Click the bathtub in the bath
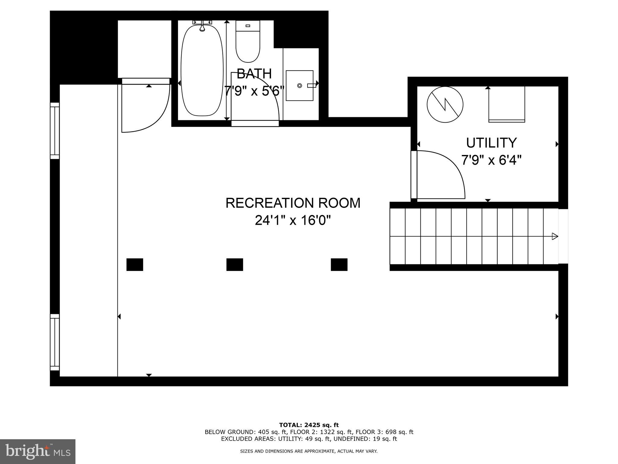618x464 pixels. pyautogui.click(x=202, y=70)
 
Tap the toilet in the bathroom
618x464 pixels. pyautogui.click(x=247, y=42)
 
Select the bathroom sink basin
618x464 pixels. pyautogui.click(x=299, y=85)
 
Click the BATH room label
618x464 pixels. pyautogui.click(x=254, y=73)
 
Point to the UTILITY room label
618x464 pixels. pyautogui.click(x=491, y=143)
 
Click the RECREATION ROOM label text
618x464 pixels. pyautogui.click(x=293, y=203)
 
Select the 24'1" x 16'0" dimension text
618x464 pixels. pyautogui.click(x=293, y=221)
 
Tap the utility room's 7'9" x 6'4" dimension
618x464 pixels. pyautogui.click(x=491, y=160)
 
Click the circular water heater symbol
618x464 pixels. pyautogui.click(x=445, y=105)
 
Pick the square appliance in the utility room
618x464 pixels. pyautogui.click(x=506, y=104)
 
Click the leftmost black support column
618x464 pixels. pyautogui.click(x=135, y=265)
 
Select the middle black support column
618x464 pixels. pyautogui.click(x=234, y=265)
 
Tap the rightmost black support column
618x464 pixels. pyautogui.click(x=339, y=265)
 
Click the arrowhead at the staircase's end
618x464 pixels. pyautogui.click(x=555, y=236)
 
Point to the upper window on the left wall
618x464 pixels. pyautogui.click(x=55, y=130)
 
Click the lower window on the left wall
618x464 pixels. pyautogui.click(x=55, y=342)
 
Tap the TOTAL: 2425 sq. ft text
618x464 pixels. pyautogui.click(x=309, y=425)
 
